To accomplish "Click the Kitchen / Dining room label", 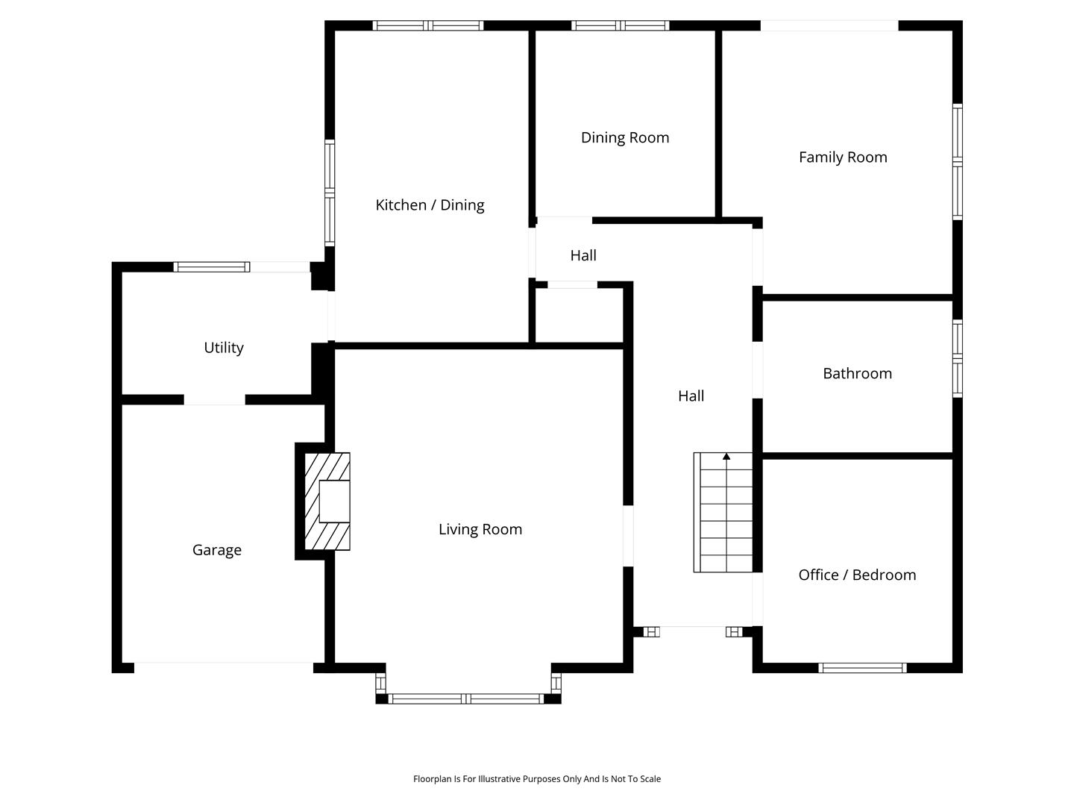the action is (430, 205).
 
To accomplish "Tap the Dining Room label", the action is (625, 137).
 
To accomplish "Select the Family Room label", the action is (843, 157).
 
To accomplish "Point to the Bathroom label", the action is (857, 373).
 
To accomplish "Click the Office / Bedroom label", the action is (857, 575).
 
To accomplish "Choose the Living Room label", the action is (480, 529).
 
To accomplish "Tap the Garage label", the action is (217, 550).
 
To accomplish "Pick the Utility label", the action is (224, 348).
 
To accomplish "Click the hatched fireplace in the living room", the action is (327, 501).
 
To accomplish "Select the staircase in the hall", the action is (723, 513).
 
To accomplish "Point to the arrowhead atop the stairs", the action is (726, 456).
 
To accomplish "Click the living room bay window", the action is (468, 699).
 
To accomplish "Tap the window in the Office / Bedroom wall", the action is (862, 668).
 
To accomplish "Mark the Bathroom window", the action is (958, 358).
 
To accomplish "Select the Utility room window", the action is (211, 266).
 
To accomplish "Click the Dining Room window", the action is (620, 25).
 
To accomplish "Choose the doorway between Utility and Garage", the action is (214, 400).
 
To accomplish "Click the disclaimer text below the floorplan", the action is (537, 778).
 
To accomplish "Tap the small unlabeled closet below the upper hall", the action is (579, 315).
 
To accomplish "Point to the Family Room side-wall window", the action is (958, 161).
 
